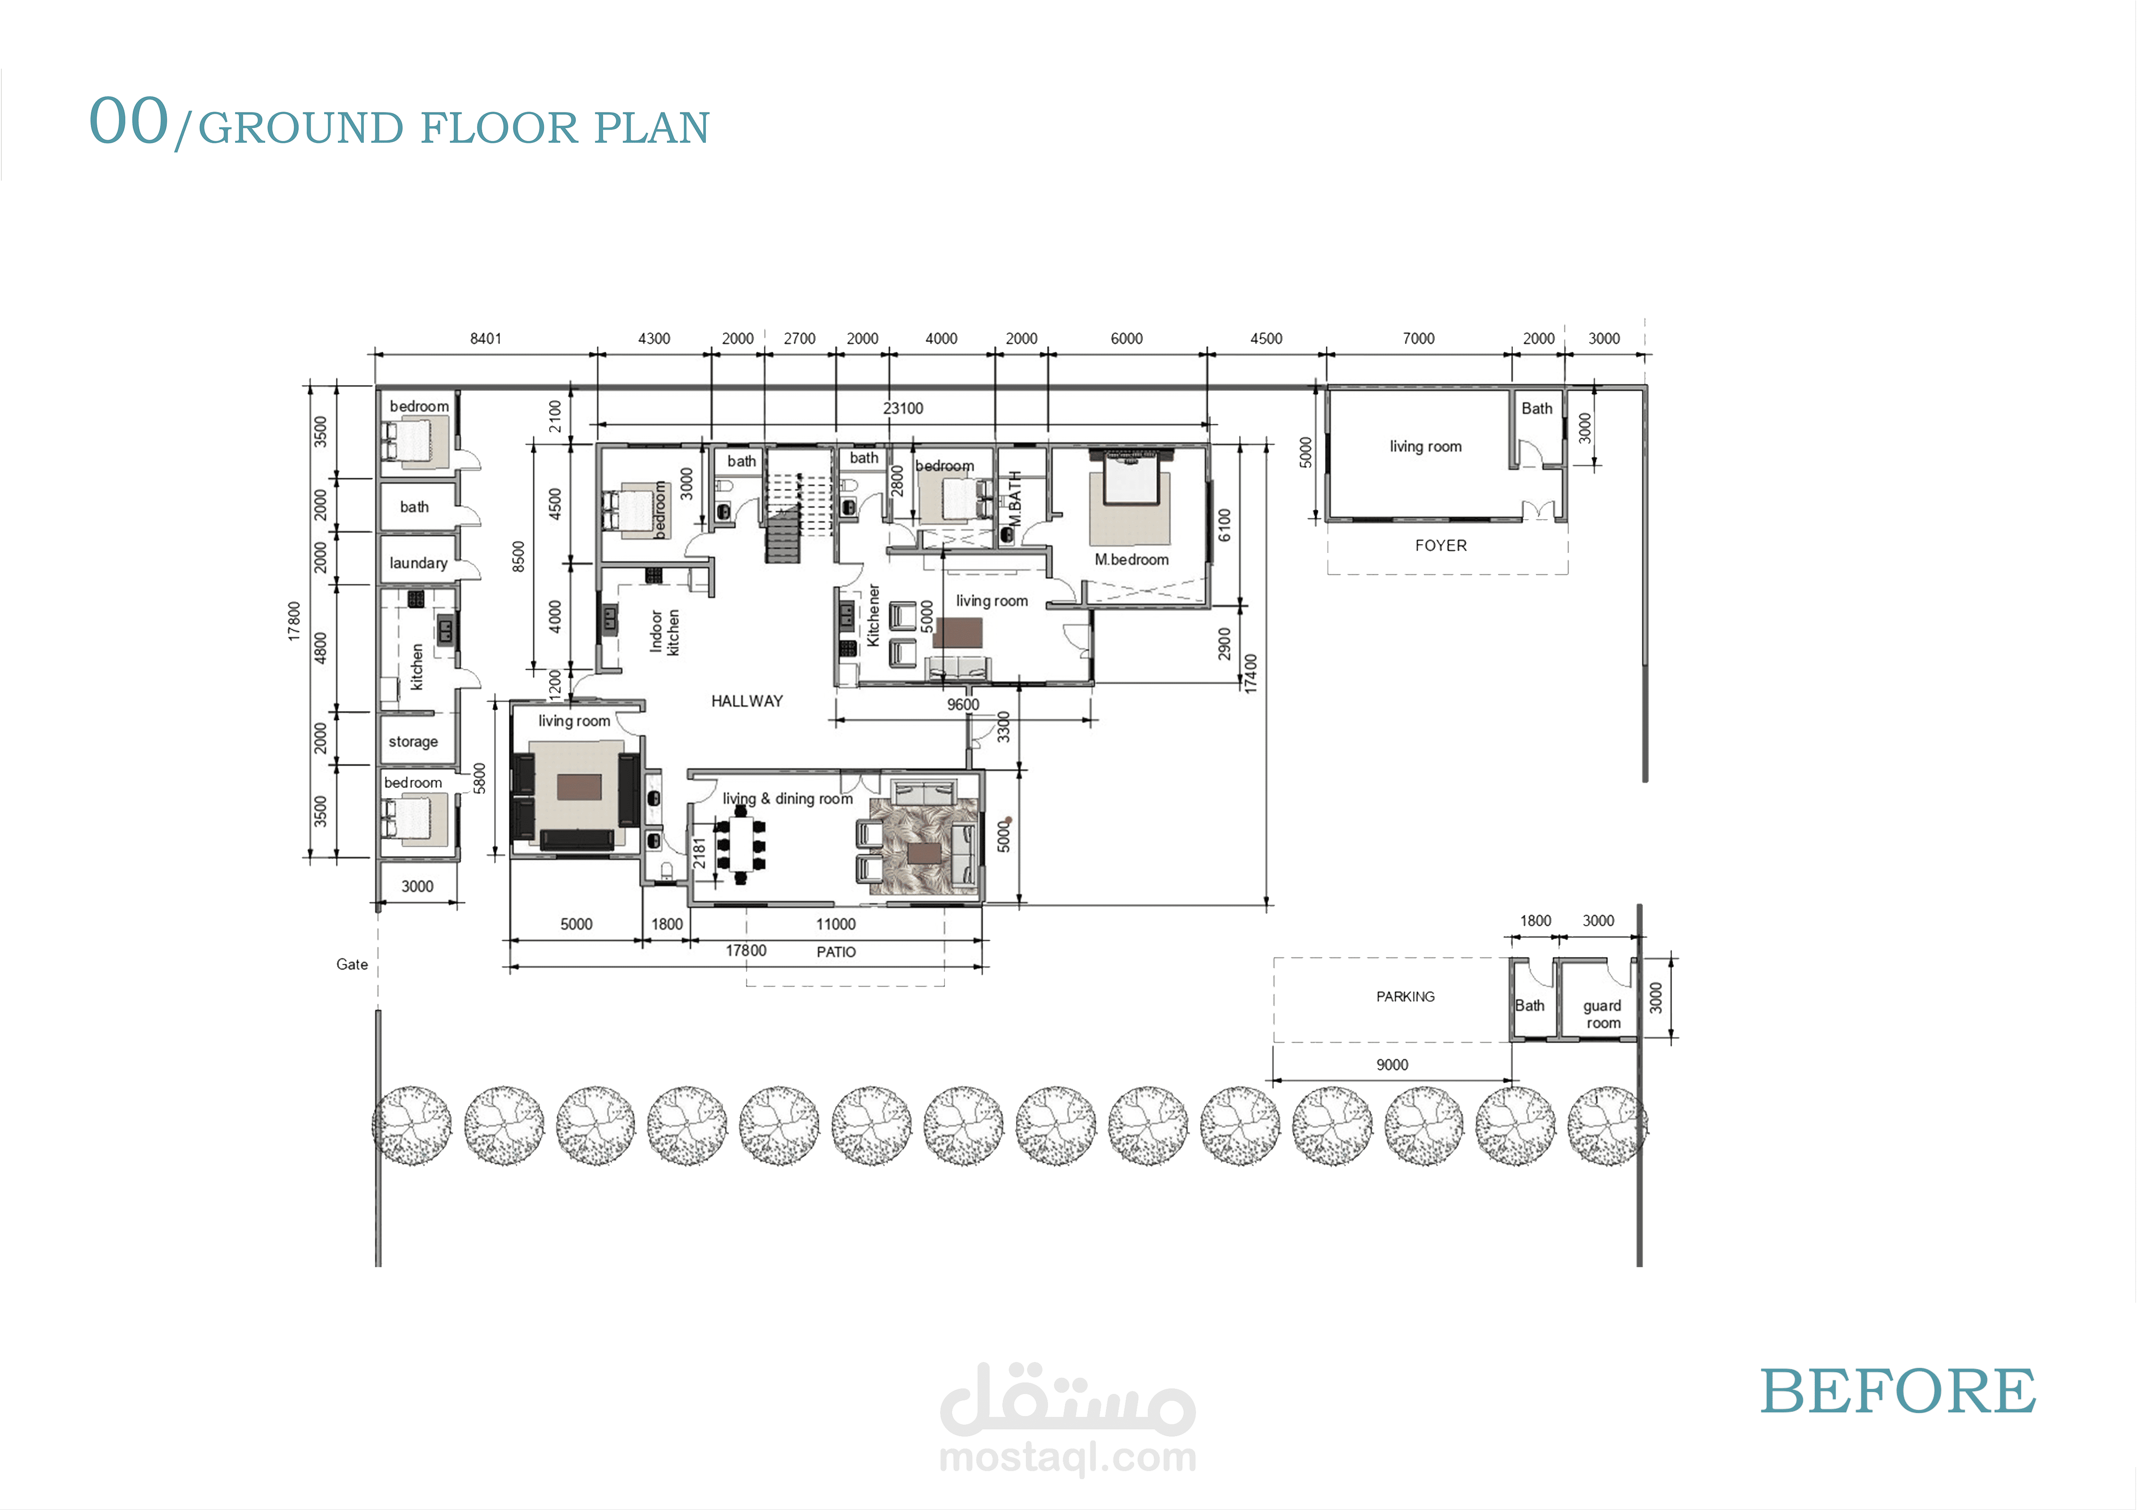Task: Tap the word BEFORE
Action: (x=1898, y=1392)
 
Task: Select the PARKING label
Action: (x=1405, y=996)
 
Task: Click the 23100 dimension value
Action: (x=903, y=408)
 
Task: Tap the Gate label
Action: (x=352, y=965)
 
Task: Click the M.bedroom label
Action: (x=1132, y=559)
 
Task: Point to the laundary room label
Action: (x=418, y=563)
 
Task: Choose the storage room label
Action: (x=413, y=741)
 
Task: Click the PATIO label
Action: (x=836, y=952)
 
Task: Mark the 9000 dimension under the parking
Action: (x=1392, y=1064)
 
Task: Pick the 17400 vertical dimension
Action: (x=1251, y=674)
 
